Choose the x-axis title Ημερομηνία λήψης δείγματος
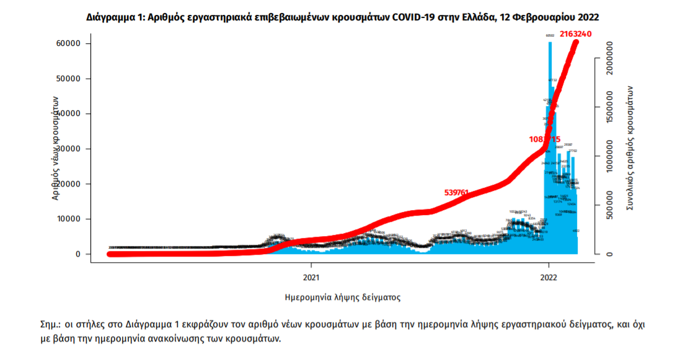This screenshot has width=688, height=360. pyautogui.click(x=342, y=297)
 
